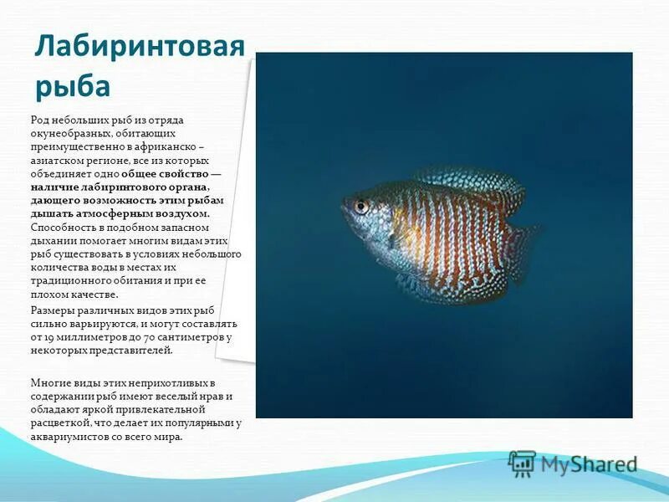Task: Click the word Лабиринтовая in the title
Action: pos(139,49)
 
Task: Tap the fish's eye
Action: pos(360,206)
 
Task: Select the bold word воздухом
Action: pos(181,214)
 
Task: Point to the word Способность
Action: pos(63,228)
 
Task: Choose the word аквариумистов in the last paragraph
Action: pos(67,437)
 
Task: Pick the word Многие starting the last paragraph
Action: pos(50,382)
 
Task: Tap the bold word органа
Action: pos(183,187)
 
